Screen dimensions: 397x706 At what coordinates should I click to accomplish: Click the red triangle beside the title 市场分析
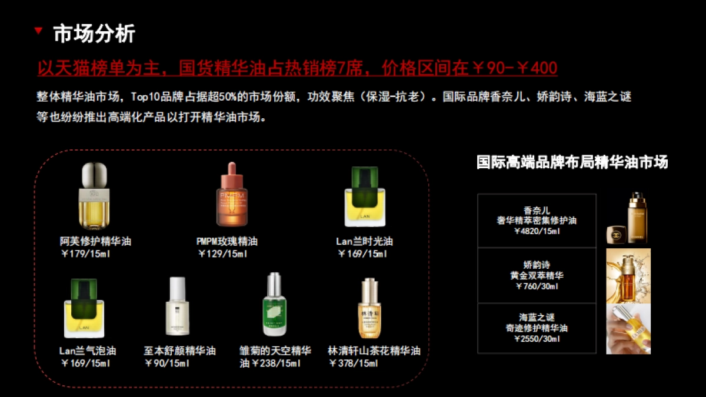[x=38, y=31]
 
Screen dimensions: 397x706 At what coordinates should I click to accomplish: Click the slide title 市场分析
[x=94, y=34]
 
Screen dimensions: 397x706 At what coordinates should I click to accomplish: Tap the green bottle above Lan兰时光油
[x=365, y=197]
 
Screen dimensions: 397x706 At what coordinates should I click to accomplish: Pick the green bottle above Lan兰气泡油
[x=84, y=308]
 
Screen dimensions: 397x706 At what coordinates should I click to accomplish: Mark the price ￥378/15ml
[x=354, y=363]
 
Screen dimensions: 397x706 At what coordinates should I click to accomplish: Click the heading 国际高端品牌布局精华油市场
[x=572, y=162]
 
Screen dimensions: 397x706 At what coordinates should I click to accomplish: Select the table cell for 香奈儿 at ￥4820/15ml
[x=537, y=221]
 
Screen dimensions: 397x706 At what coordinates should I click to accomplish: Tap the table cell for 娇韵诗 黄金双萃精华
[x=537, y=275]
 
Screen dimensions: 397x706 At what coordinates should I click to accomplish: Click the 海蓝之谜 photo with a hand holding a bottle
[x=628, y=329]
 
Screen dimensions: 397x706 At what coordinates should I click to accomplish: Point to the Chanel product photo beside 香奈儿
[x=628, y=218]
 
